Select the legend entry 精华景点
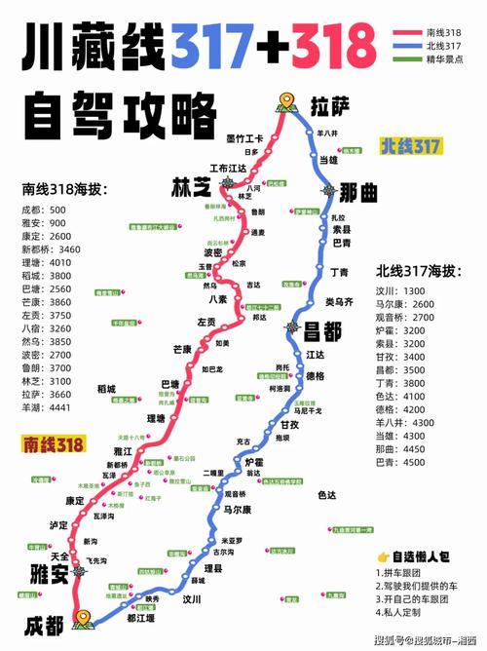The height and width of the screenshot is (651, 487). pyautogui.click(x=444, y=59)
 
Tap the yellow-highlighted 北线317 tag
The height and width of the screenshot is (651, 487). pyautogui.click(x=410, y=145)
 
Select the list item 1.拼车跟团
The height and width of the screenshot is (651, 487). pyautogui.click(x=403, y=573)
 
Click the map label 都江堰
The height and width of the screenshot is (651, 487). pyautogui.click(x=143, y=616)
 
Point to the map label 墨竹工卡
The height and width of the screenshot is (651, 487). pyautogui.click(x=245, y=138)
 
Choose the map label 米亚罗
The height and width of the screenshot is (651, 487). pyautogui.click(x=231, y=539)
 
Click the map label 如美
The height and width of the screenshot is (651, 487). pyautogui.click(x=222, y=343)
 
